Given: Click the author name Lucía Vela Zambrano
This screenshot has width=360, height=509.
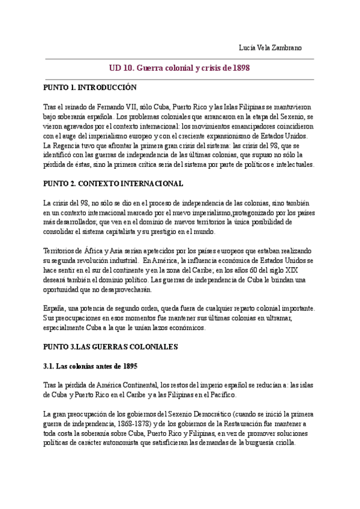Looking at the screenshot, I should point(271,48).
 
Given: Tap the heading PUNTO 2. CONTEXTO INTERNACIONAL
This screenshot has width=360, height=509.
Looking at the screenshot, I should point(113,183).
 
